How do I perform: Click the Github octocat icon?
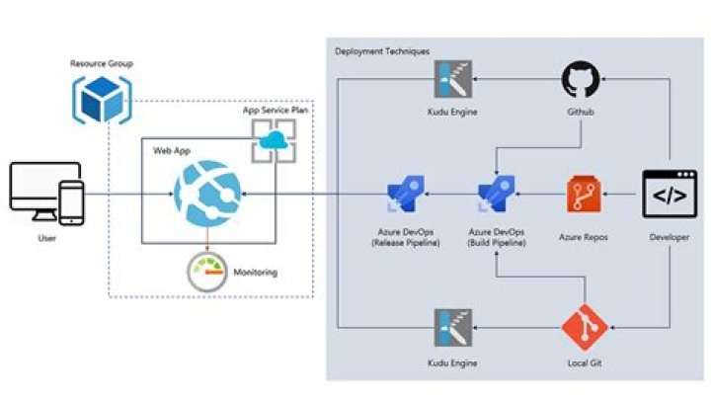(580, 79)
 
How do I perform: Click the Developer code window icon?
(671, 195)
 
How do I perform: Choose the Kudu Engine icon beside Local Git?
(452, 328)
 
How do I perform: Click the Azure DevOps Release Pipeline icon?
(407, 195)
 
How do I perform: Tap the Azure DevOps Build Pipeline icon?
(496, 195)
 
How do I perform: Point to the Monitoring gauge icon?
(206, 272)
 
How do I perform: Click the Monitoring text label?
(256, 272)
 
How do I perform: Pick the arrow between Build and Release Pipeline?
(451, 196)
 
